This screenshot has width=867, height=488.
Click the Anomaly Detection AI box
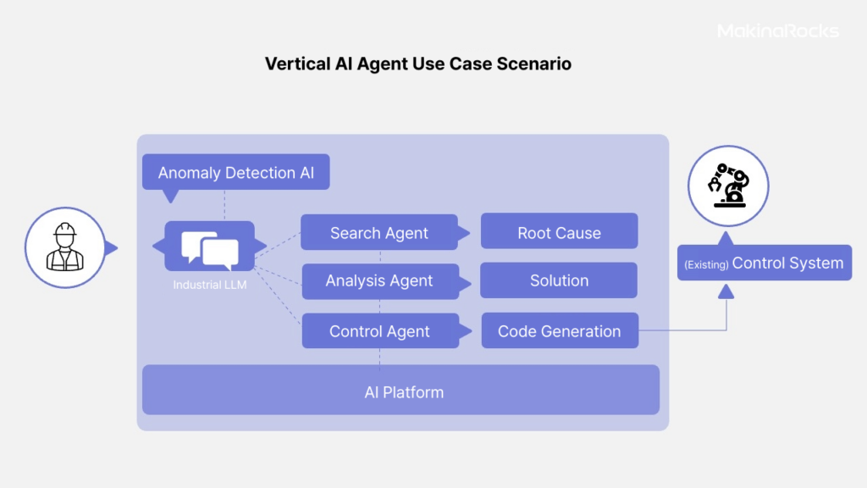(236, 172)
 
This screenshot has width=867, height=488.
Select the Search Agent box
(379, 232)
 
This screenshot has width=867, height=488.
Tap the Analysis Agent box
(380, 281)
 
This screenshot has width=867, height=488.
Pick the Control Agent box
(380, 331)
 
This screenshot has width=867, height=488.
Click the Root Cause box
(559, 231)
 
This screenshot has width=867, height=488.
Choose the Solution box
(559, 280)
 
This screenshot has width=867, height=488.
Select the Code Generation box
(560, 330)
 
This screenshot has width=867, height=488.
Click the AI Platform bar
(400, 390)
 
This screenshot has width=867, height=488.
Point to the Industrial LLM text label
(210, 285)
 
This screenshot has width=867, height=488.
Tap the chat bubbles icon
(210, 250)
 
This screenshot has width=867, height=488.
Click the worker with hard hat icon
(64, 247)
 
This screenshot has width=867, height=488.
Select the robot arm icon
(728, 186)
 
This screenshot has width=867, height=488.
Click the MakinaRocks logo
(778, 31)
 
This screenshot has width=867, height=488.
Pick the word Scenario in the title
(533, 64)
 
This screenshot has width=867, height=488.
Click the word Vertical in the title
(297, 64)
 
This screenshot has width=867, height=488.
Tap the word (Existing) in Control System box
(706, 264)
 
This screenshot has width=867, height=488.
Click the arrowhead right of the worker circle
(112, 248)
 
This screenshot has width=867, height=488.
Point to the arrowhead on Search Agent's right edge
(465, 233)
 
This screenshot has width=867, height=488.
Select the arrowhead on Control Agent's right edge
(466, 331)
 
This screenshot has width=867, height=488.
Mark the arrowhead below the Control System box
(726, 291)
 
